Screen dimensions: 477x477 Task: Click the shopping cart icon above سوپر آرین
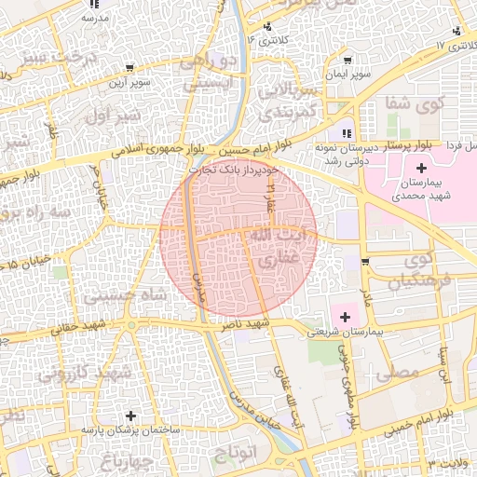[x=129, y=67]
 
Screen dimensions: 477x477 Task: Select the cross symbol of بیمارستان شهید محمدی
[x=422, y=168]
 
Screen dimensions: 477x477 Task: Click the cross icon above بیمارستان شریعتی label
[x=346, y=317]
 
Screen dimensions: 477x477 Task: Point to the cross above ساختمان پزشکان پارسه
[x=130, y=415]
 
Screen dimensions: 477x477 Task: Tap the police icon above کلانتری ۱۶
[x=268, y=26]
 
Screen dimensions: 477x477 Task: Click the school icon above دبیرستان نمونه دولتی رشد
[x=347, y=132]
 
